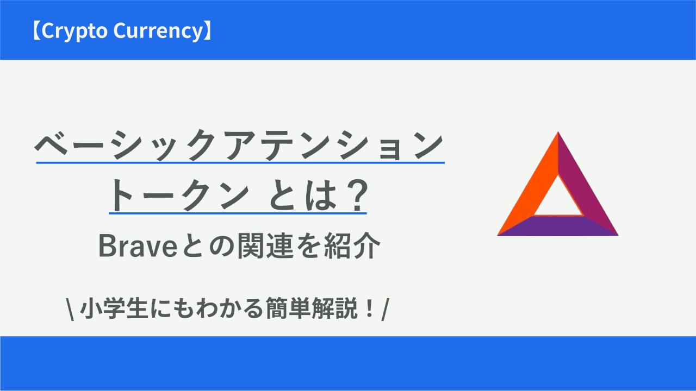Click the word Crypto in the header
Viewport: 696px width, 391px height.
click(74, 31)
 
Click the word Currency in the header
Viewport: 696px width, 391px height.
click(158, 31)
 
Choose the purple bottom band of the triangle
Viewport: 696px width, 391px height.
click(558, 225)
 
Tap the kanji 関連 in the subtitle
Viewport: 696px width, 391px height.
click(265, 246)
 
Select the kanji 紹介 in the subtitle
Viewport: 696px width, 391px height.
click(352, 246)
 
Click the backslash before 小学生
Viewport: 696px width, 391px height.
click(70, 309)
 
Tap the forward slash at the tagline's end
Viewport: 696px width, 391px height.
click(386, 309)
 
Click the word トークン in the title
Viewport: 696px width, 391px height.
click(179, 195)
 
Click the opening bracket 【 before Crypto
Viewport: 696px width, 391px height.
click(36, 31)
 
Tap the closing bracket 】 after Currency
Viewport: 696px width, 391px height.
click(208, 31)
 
